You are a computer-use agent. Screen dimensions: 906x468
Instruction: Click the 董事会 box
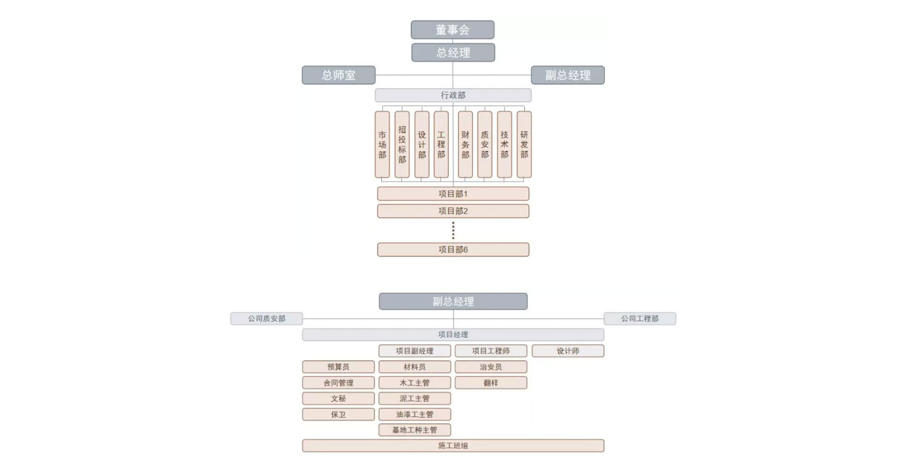click(452, 30)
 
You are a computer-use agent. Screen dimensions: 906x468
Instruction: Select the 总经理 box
click(453, 52)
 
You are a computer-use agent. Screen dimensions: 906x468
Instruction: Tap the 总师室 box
click(339, 75)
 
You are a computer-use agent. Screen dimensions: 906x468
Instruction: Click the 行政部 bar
click(453, 95)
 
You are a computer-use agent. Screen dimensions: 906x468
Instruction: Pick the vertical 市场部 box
click(382, 145)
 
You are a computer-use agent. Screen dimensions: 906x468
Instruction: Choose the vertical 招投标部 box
click(402, 145)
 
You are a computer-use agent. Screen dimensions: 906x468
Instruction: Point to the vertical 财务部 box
click(465, 145)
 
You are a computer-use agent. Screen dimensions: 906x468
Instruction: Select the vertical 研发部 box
click(524, 145)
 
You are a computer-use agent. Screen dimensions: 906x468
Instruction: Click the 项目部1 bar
click(453, 194)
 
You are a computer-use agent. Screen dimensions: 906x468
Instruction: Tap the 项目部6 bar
click(453, 250)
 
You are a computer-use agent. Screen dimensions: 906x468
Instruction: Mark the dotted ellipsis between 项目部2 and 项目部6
click(453, 230)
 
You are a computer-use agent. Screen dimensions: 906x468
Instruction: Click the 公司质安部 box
click(267, 319)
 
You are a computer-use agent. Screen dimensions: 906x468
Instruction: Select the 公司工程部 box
click(640, 319)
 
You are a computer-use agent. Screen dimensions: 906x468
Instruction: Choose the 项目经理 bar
click(453, 334)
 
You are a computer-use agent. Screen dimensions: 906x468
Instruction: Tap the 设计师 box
click(568, 351)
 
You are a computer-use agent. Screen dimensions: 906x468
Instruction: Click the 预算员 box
click(338, 367)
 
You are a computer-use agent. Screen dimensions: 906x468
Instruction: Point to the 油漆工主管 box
click(415, 414)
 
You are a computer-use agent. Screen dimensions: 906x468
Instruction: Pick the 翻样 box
click(490, 383)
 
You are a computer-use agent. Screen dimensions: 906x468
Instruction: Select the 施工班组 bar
click(453, 446)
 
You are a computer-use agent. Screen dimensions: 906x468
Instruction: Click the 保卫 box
click(338, 414)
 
